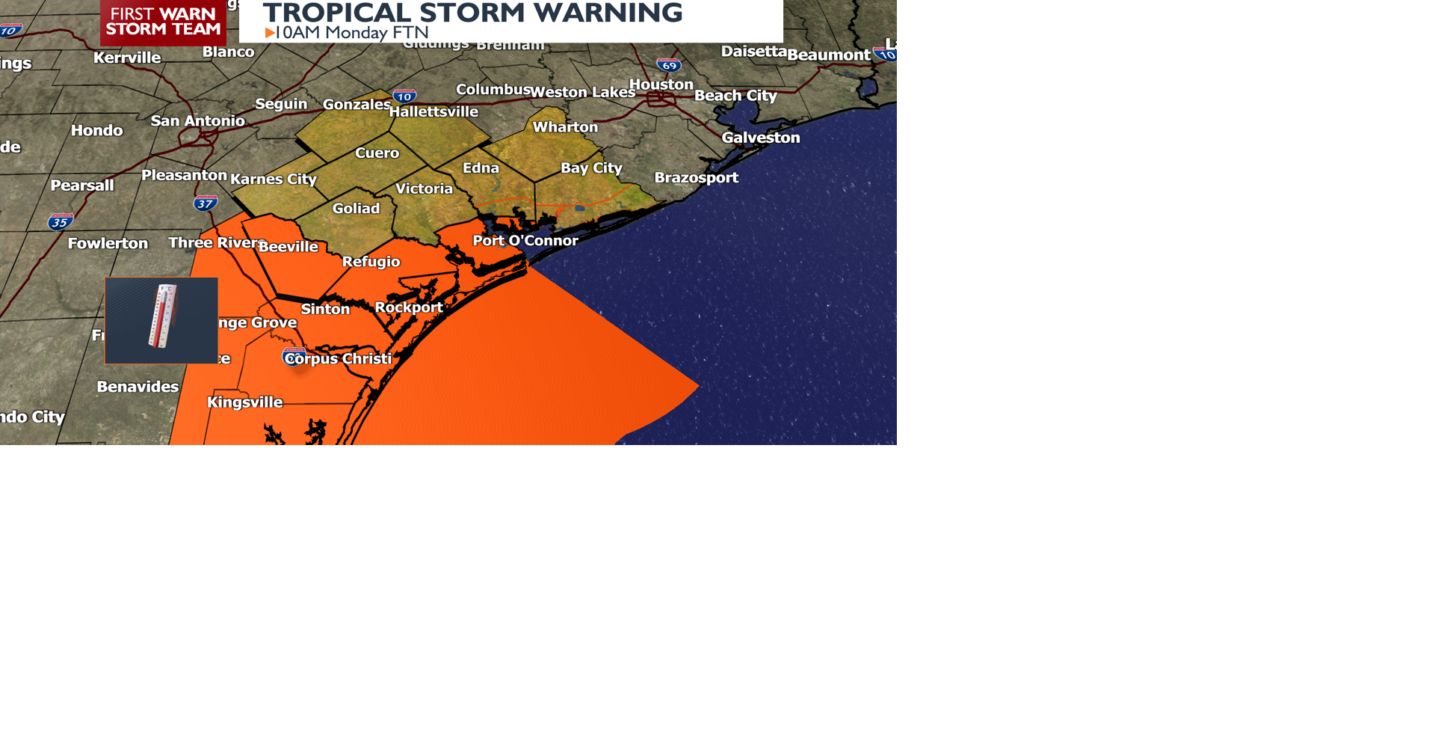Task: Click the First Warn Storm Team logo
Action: click(x=163, y=22)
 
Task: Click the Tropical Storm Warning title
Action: click(x=472, y=13)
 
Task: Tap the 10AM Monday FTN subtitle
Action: click(x=347, y=33)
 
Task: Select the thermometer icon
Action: click(x=161, y=319)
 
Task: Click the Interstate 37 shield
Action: click(x=205, y=203)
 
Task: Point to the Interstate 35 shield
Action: click(x=60, y=221)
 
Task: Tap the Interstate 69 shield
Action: click(x=669, y=65)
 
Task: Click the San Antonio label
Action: click(x=197, y=120)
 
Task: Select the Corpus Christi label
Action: click(x=339, y=358)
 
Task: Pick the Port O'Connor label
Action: click(x=525, y=240)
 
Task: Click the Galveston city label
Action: click(x=760, y=138)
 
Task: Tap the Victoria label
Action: click(x=424, y=188)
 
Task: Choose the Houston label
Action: click(x=661, y=85)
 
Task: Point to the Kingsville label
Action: click(x=244, y=402)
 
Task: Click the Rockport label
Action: click(x=409, y=307)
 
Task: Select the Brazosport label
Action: click(x=696, y=177)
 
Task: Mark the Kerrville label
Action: click(x=127, y=58)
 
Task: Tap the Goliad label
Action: click(x=356, y=208)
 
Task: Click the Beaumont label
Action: click(x=828, y=55)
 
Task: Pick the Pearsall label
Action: click(x=82, y=185)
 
